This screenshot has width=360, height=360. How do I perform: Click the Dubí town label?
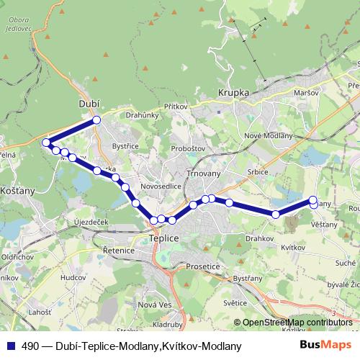[88, 104]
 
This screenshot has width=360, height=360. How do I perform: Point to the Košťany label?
[15, 191]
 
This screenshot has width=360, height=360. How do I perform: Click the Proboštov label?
[187, 148]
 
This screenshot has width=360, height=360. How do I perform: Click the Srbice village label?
[257, 172]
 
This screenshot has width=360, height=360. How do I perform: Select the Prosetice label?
[204, 266]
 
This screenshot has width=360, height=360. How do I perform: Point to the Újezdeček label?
[91, 222]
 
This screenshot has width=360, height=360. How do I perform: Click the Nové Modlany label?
[269, 136]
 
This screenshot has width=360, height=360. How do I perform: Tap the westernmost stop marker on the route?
[47, 143]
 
